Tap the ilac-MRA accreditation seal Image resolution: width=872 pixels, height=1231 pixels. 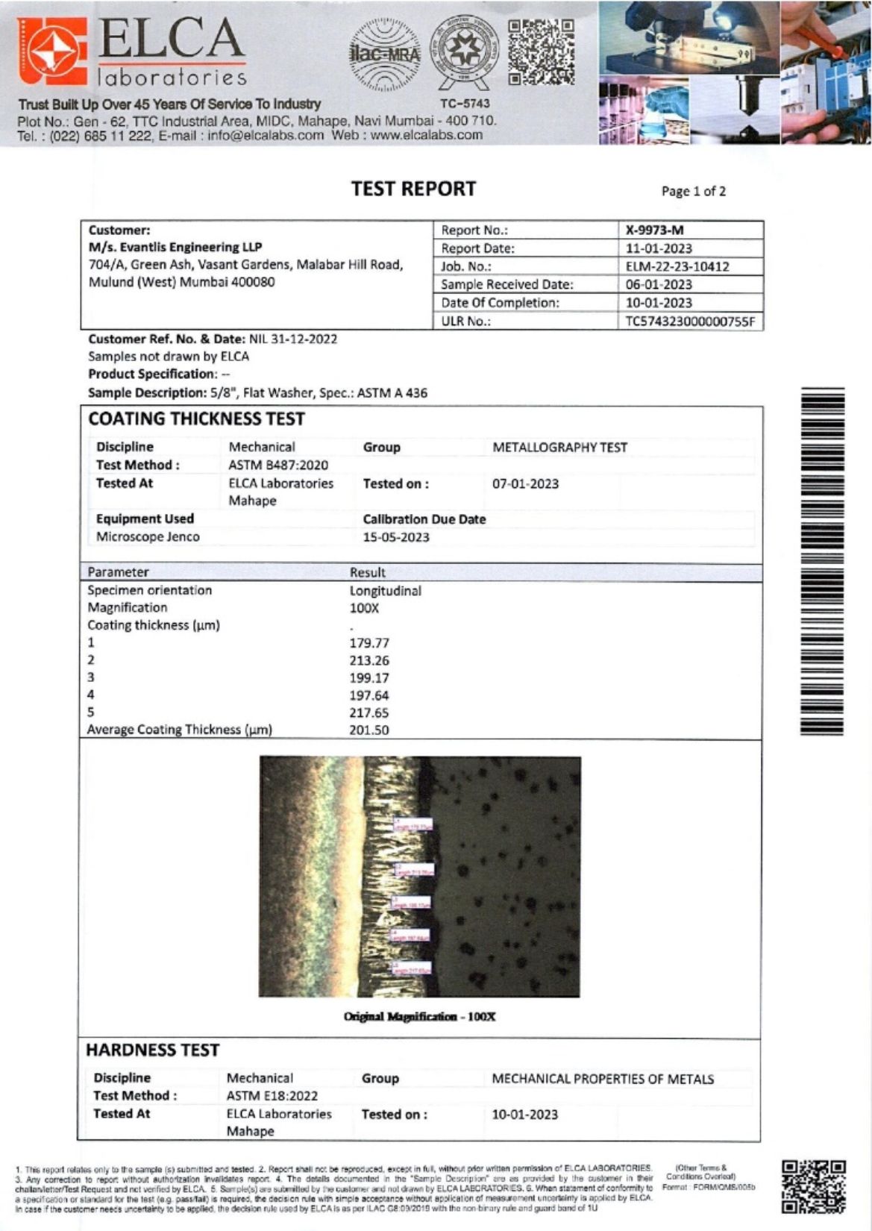[x=385, y=54]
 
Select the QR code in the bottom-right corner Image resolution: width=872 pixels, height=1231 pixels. [x=813, y=1185]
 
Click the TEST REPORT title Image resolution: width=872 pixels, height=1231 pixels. [x=413, y=189]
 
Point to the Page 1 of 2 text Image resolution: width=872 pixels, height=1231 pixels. [x=693, y=191]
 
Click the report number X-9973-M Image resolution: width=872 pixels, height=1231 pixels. [x=654, y=230]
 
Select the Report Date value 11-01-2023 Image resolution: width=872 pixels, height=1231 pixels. [x=659, y=248]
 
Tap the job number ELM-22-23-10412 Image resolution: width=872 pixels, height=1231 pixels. [x=677, y=266]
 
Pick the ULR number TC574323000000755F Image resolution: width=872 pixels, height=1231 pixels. [x=690, y=322]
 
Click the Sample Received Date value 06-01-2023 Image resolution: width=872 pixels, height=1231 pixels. [x=659, y=284]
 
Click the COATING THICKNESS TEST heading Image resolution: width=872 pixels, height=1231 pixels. [x=196, y=419]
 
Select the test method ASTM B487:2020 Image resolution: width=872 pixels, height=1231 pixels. [x=277, y=465]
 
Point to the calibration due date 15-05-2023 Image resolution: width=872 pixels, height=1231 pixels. [x=395, y=537]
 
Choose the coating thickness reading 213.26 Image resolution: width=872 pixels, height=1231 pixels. [x=369, y=660]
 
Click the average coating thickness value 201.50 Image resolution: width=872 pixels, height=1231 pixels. [x=369, y=730]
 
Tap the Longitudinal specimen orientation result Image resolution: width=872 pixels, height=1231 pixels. [x=385, y=591]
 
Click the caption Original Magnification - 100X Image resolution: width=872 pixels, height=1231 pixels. [x=419, y=1016]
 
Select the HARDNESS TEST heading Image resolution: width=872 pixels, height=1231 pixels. [x=152, y=1050]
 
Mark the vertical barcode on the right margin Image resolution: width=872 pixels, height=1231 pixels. [x=821, y=561]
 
